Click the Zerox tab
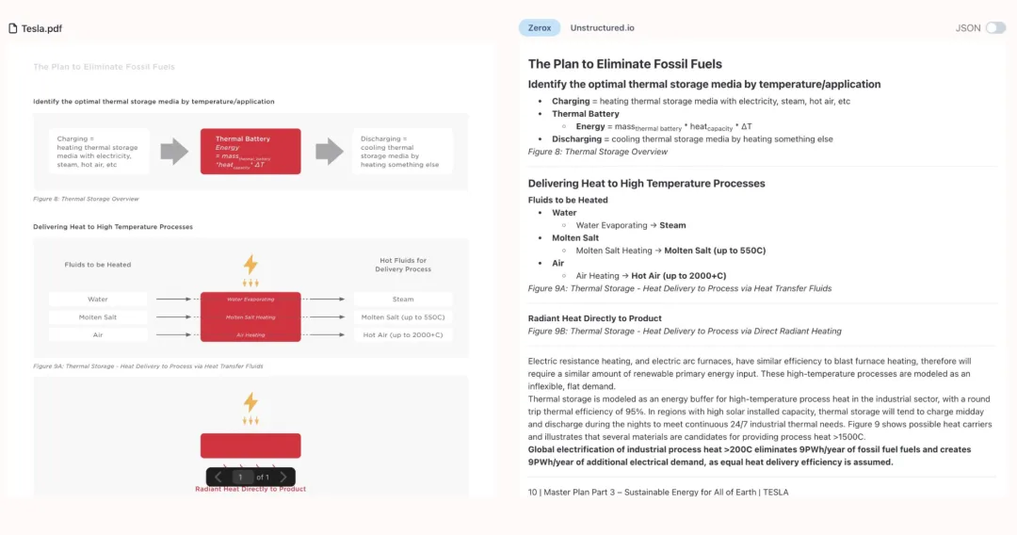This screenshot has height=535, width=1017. coord(539,28)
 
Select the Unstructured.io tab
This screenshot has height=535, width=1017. coord(602,28)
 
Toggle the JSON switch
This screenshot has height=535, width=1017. coord(994,28)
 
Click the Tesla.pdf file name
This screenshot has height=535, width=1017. coord(41,28)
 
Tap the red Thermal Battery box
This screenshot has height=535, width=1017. coord(250,151)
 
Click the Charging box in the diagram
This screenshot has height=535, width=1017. coord(99,151)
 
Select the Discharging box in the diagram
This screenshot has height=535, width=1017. coord(402,151)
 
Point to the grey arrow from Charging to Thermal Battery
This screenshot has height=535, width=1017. coord(174,151)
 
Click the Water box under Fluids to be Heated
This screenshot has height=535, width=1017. coord(98,300)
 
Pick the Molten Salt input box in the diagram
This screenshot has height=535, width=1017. coord(98,317)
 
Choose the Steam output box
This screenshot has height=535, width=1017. coord(403,300)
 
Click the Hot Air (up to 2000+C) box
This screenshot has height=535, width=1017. coord(403,334)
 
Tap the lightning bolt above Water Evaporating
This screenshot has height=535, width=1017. coord(250,265)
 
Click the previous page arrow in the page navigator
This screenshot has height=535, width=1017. coord(218,478)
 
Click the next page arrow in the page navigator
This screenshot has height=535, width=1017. coord(283,478)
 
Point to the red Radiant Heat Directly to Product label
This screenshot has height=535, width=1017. coord(250,489)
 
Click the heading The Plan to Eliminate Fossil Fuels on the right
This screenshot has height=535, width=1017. coord(625,64)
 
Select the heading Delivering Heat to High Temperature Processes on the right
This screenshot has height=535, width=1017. coord(646,184)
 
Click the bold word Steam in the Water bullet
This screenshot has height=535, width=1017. coord(672,225)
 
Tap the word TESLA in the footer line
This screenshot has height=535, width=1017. coord(775,492)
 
